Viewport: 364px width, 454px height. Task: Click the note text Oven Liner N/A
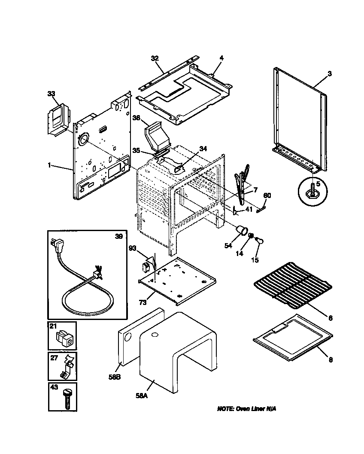click(246, 408)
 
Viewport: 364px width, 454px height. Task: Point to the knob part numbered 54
click(244, 231)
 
